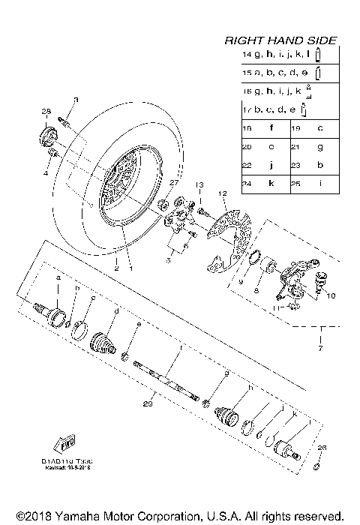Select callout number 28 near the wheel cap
(x=46, y=112)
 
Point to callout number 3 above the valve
(x=76, y=99)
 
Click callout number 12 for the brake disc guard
(x=222, y=193)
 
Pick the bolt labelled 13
(x=202, y=213)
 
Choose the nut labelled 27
(x=163, y=204)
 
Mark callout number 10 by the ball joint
(x=331, y=295)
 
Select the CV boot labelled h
(x=227, y=415)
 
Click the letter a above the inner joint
(x=58, y=278)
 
